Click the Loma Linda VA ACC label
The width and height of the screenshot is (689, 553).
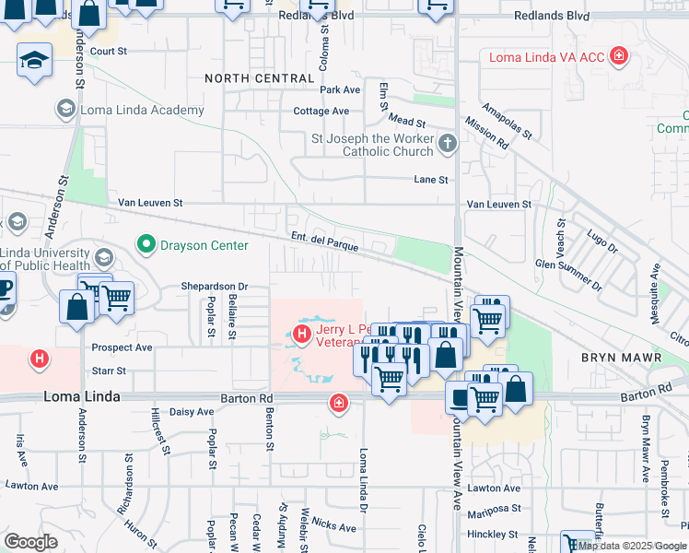pyautogui.click(x=546, y=57)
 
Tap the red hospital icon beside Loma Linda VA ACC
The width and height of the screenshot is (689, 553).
pyautogui.click(x=619, y=56)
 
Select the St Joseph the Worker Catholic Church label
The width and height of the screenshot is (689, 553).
pyautogui.click(x=372, y=145)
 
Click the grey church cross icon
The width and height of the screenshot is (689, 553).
pyautogui.click(x=448, y=143)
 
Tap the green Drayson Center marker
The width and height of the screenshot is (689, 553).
pyautogui.click(x=145, y=245)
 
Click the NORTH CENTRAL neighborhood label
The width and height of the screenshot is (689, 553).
pyautogui.click(x=260, y=78)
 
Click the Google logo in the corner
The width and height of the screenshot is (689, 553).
pyautogui.click(x=30, y=542)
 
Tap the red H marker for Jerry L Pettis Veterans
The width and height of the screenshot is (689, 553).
pyautogui.click(x=301, y=332)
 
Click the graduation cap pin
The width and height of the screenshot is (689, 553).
pyautogui.click(x=34, y=61)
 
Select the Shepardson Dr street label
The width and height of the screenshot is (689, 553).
pyautogui.click(x=215, y=287)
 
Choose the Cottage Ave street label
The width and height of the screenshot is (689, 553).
pyautogui.click(x=321, y=112)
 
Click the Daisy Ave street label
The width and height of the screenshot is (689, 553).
pyautogui.click(x=193, y=411)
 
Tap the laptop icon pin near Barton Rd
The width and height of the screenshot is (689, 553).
pyautogui.click(x=460, y=396)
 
